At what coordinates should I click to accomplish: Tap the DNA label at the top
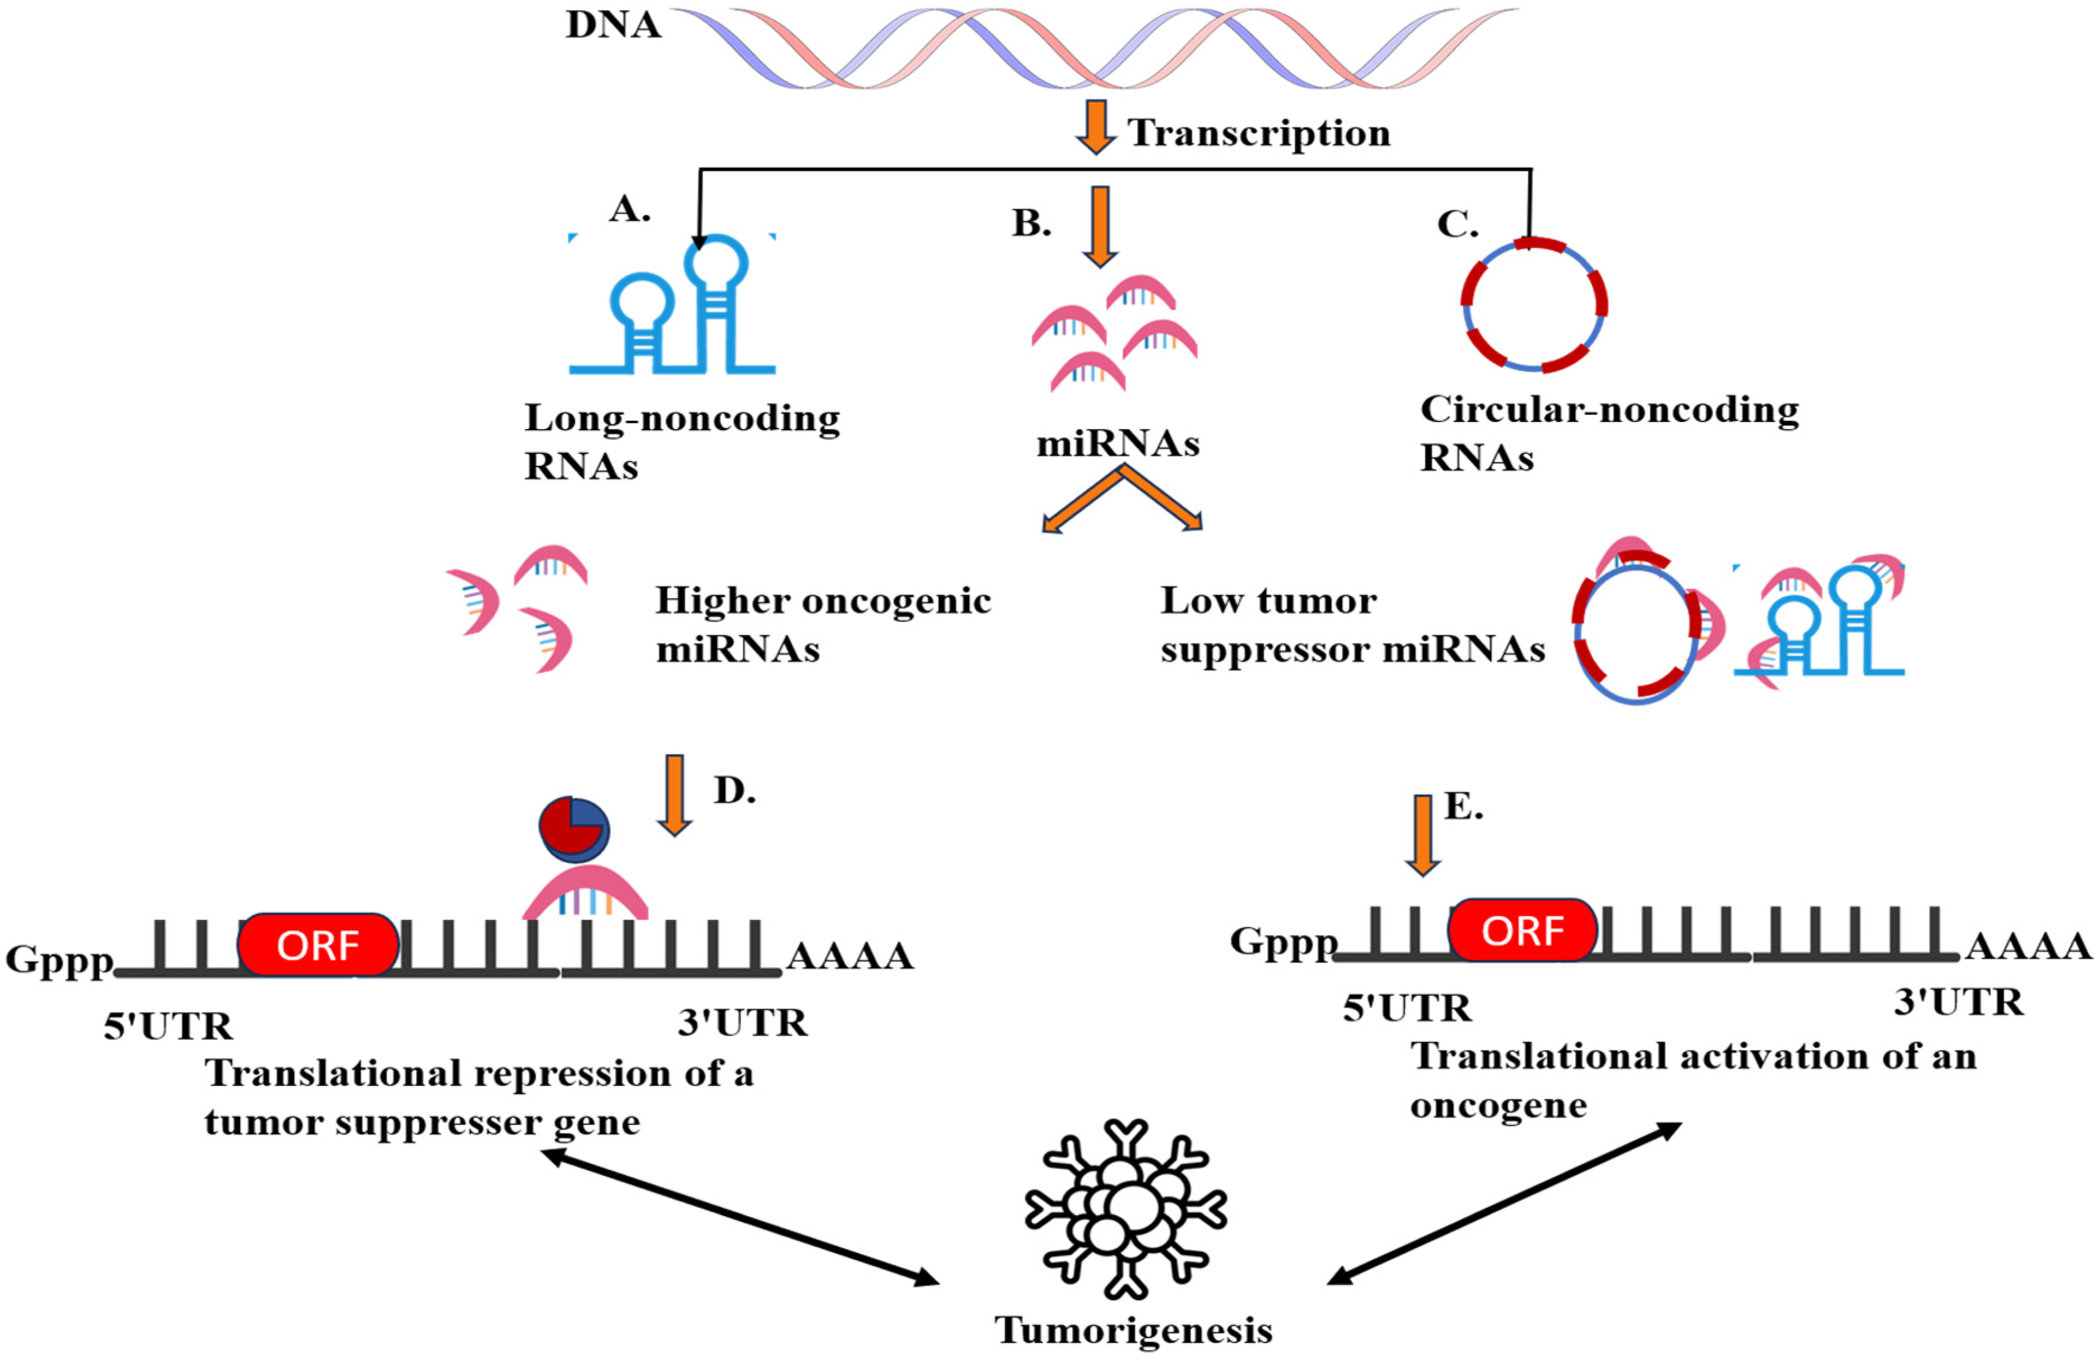(x=613, y=25)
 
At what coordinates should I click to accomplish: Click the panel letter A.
(x=630, y=209)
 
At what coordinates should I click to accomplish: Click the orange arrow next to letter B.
(x=1100, y=225)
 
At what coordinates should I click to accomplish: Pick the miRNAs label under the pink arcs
(x=1117, y=443)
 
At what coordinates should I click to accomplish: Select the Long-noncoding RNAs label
(x=681, y=441)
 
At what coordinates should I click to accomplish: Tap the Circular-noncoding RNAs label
(x=1609, y=433)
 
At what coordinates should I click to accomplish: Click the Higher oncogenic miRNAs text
(x=823, y=624)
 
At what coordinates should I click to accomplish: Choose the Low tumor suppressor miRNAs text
(x=1352, y=624)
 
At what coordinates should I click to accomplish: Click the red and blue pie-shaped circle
(x=574, y=829)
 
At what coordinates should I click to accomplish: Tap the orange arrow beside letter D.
(x=674, y=794)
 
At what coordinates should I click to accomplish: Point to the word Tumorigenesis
(x=1133, y=1330)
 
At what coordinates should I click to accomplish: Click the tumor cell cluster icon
(x=1125, y=1210)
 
